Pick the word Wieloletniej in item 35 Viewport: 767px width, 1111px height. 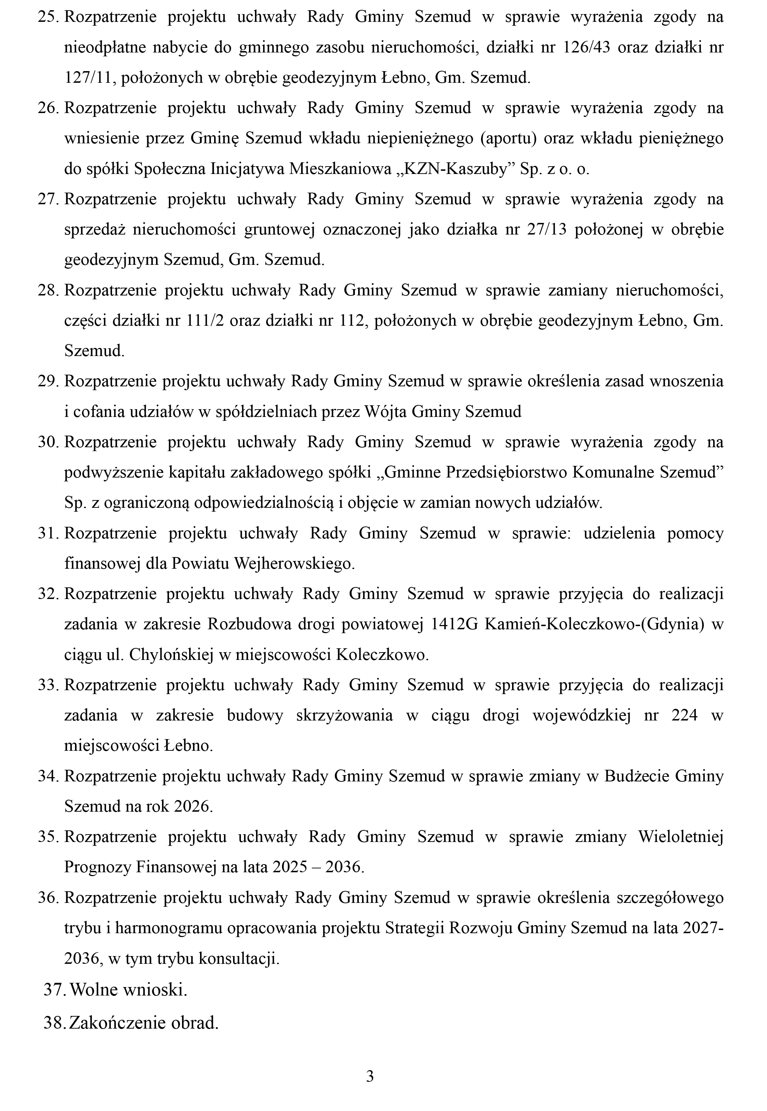[680, 837]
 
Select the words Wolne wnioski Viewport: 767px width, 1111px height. [128, 990]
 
